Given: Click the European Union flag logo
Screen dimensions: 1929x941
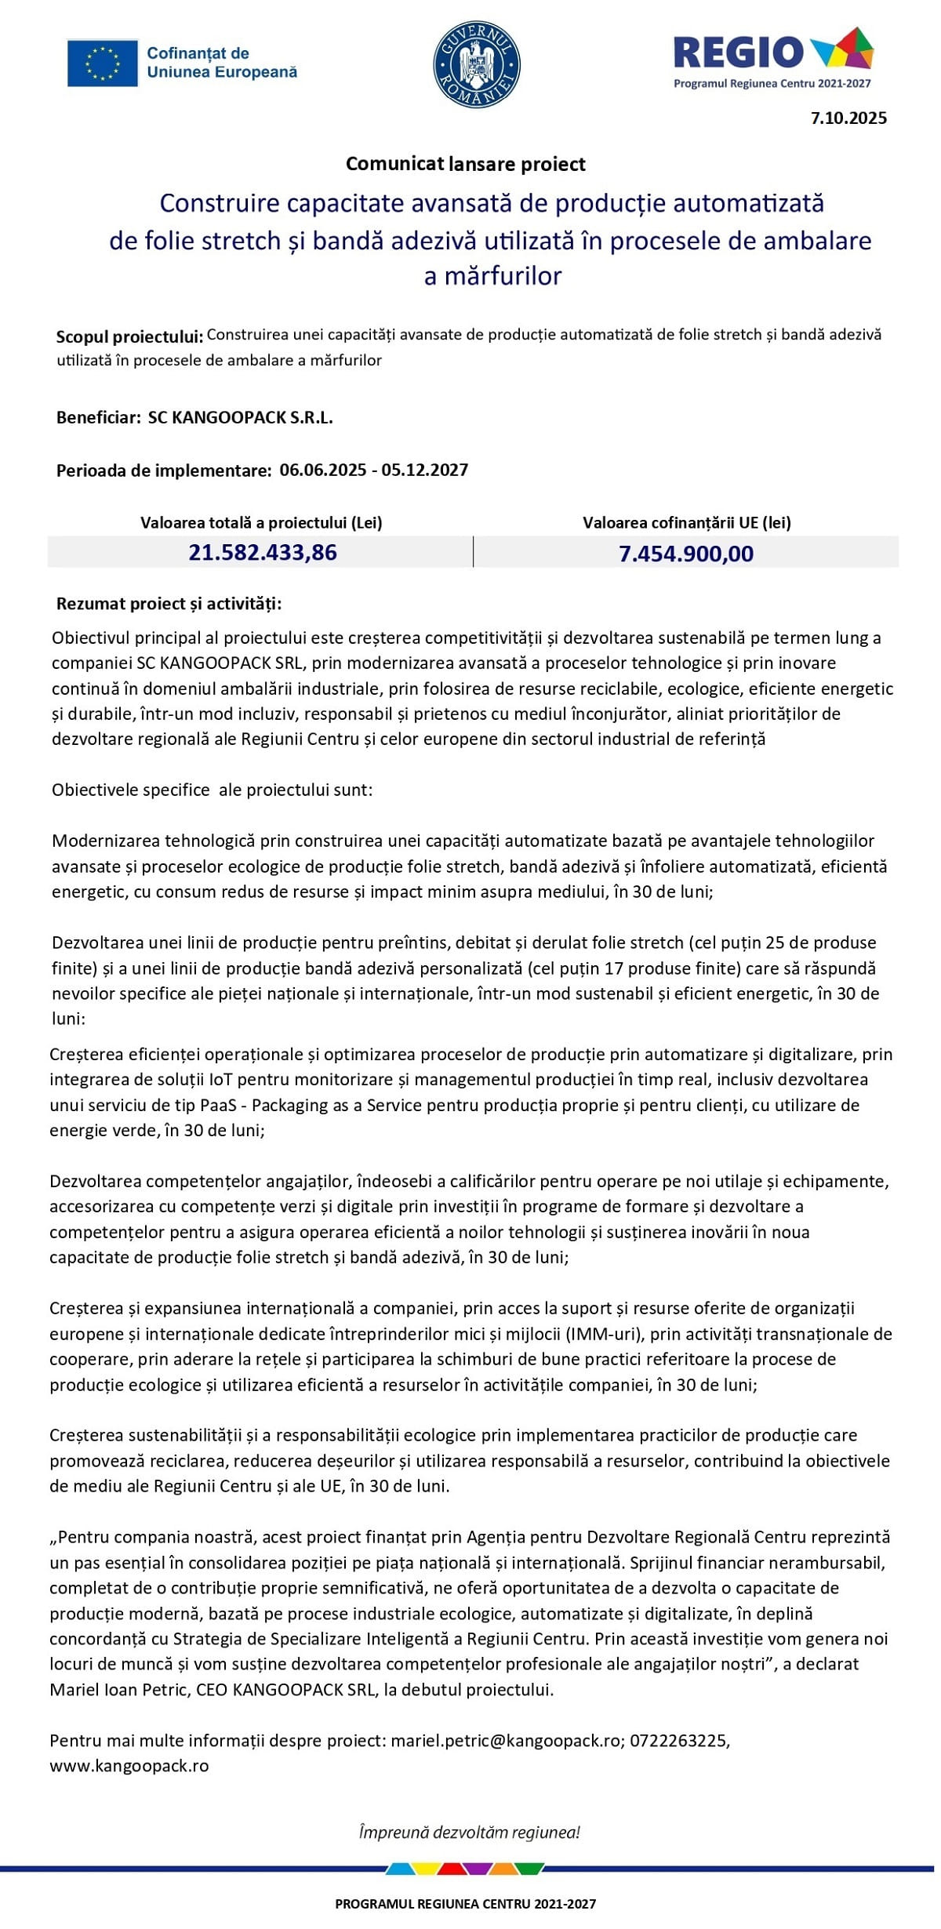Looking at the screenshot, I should coord(103,63).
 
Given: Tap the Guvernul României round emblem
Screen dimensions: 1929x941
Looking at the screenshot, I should coord(477,64).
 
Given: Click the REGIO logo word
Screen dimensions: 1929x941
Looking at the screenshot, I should coord(739,52).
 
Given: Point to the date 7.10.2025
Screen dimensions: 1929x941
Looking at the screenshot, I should coord(848,118).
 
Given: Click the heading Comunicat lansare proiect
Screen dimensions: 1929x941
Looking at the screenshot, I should coord(466,164).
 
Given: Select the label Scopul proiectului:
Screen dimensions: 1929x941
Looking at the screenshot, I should coord(129,337).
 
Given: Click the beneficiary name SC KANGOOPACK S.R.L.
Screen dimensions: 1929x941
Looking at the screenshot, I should coord(240,418).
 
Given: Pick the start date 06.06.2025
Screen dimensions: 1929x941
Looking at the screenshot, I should coord(323,470).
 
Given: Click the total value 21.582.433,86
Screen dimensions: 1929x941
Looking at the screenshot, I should coord(263,553).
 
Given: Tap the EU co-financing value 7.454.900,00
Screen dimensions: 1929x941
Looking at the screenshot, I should coord(686,554).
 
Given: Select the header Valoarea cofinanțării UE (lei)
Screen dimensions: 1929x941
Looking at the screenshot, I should coord(686,523).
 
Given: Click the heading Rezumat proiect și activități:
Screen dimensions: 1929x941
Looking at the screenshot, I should coord(169,605).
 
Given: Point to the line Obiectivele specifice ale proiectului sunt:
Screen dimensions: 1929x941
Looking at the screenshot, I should coord(212,790).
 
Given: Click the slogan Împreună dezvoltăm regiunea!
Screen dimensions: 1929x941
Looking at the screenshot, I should coord(469,1833).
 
